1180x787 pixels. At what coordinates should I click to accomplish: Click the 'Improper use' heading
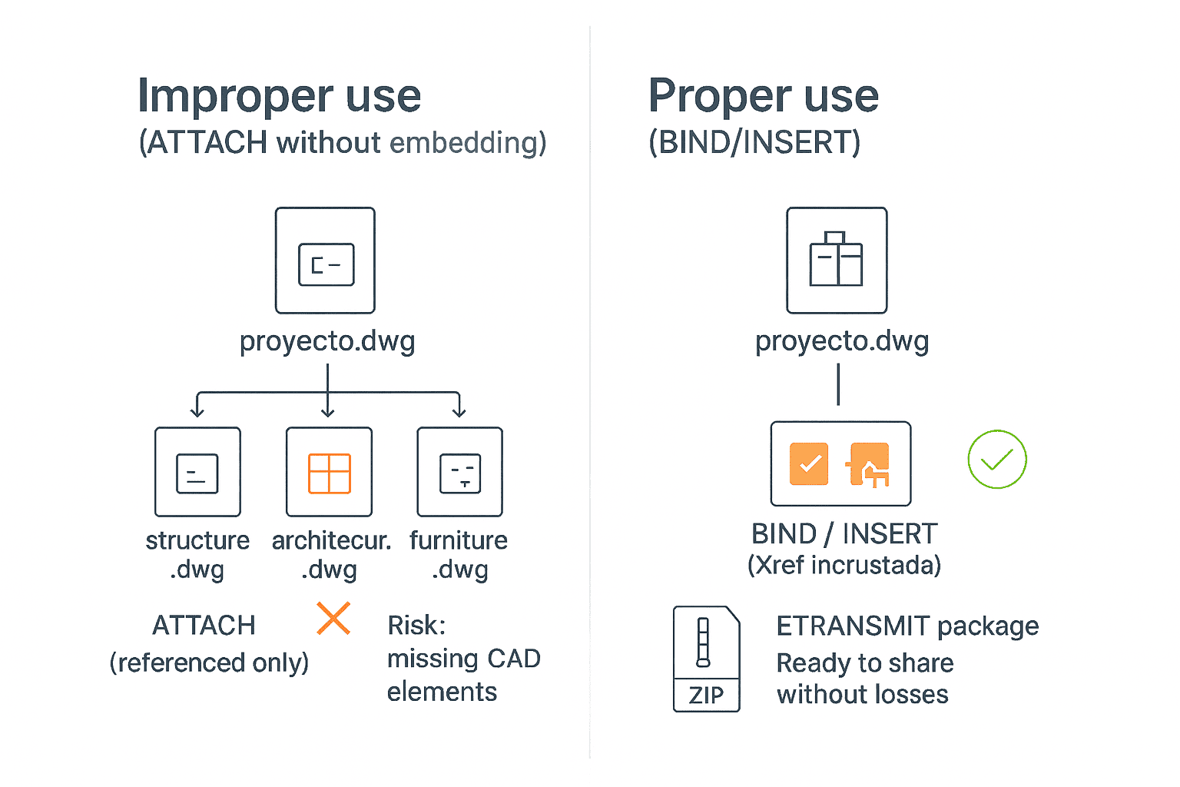click(279, 96)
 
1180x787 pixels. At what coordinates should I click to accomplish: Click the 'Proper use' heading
click(763, 96)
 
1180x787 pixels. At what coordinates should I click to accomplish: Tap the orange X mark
click(333, 619)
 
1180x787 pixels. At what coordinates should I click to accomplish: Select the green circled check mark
click(996, 460)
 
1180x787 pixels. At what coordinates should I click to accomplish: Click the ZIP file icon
click(706, 659)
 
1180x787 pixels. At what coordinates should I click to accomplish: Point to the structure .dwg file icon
click(197, 472)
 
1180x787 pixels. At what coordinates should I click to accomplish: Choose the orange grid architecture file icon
click(329, 472)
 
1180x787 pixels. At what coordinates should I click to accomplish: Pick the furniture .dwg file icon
click(459, 472)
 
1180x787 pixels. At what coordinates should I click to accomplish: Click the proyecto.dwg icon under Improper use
click(325, 261)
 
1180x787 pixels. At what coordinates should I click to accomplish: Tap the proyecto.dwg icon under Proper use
click(837, 261)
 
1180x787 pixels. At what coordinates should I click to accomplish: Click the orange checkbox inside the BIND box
click(809, 463)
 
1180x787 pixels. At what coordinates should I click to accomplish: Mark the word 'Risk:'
click(416, 626)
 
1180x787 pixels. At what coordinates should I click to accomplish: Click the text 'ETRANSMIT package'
click(907, 626)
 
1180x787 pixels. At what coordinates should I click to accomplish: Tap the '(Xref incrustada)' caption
click(844, 566)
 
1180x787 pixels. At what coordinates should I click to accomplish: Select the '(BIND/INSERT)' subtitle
click(754, 143)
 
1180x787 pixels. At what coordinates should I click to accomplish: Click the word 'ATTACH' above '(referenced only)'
click(204, 626)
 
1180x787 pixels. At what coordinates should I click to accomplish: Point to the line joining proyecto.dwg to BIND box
click(838, 384)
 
